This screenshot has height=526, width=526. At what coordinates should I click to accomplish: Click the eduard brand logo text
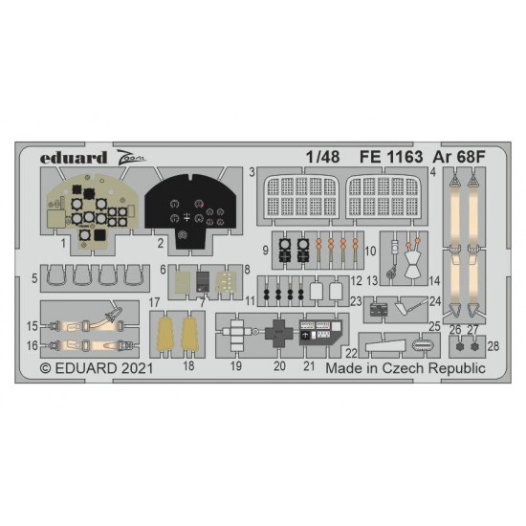74,158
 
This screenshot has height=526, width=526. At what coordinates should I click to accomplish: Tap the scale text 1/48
322,157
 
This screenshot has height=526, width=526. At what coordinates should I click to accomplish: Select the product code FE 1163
391,157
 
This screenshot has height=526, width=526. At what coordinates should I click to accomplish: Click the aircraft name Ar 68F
459,157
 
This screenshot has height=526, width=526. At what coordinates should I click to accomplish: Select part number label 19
236,365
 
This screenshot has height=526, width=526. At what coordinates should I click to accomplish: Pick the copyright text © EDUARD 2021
97,368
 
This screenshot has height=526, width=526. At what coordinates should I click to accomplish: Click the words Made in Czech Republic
405,368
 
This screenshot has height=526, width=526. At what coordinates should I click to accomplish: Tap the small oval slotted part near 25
422,344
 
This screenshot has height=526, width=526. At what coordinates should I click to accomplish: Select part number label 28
493,346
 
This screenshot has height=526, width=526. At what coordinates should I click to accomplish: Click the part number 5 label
34,278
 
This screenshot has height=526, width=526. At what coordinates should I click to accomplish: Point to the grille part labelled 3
301,196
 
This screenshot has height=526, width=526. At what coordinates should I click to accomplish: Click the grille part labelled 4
383,196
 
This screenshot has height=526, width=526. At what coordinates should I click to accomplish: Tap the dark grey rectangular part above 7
203,281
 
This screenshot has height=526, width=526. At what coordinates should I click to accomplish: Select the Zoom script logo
132,157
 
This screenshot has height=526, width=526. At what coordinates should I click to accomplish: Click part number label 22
351,353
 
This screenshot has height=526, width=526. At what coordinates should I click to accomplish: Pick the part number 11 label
251,301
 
